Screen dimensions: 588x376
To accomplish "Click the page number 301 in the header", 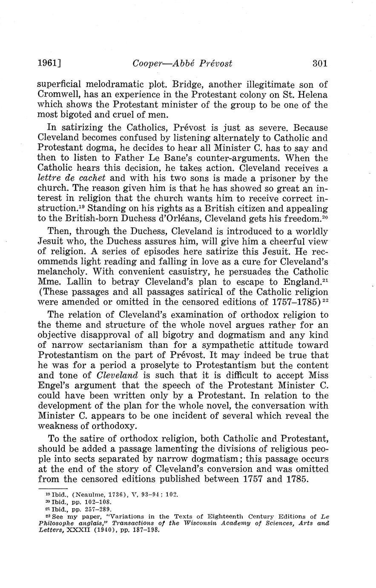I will point(320,64).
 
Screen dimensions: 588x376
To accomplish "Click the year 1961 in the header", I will point(47,64).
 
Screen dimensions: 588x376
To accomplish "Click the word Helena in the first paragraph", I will point(313,94).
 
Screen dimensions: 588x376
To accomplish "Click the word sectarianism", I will point(114,345).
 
